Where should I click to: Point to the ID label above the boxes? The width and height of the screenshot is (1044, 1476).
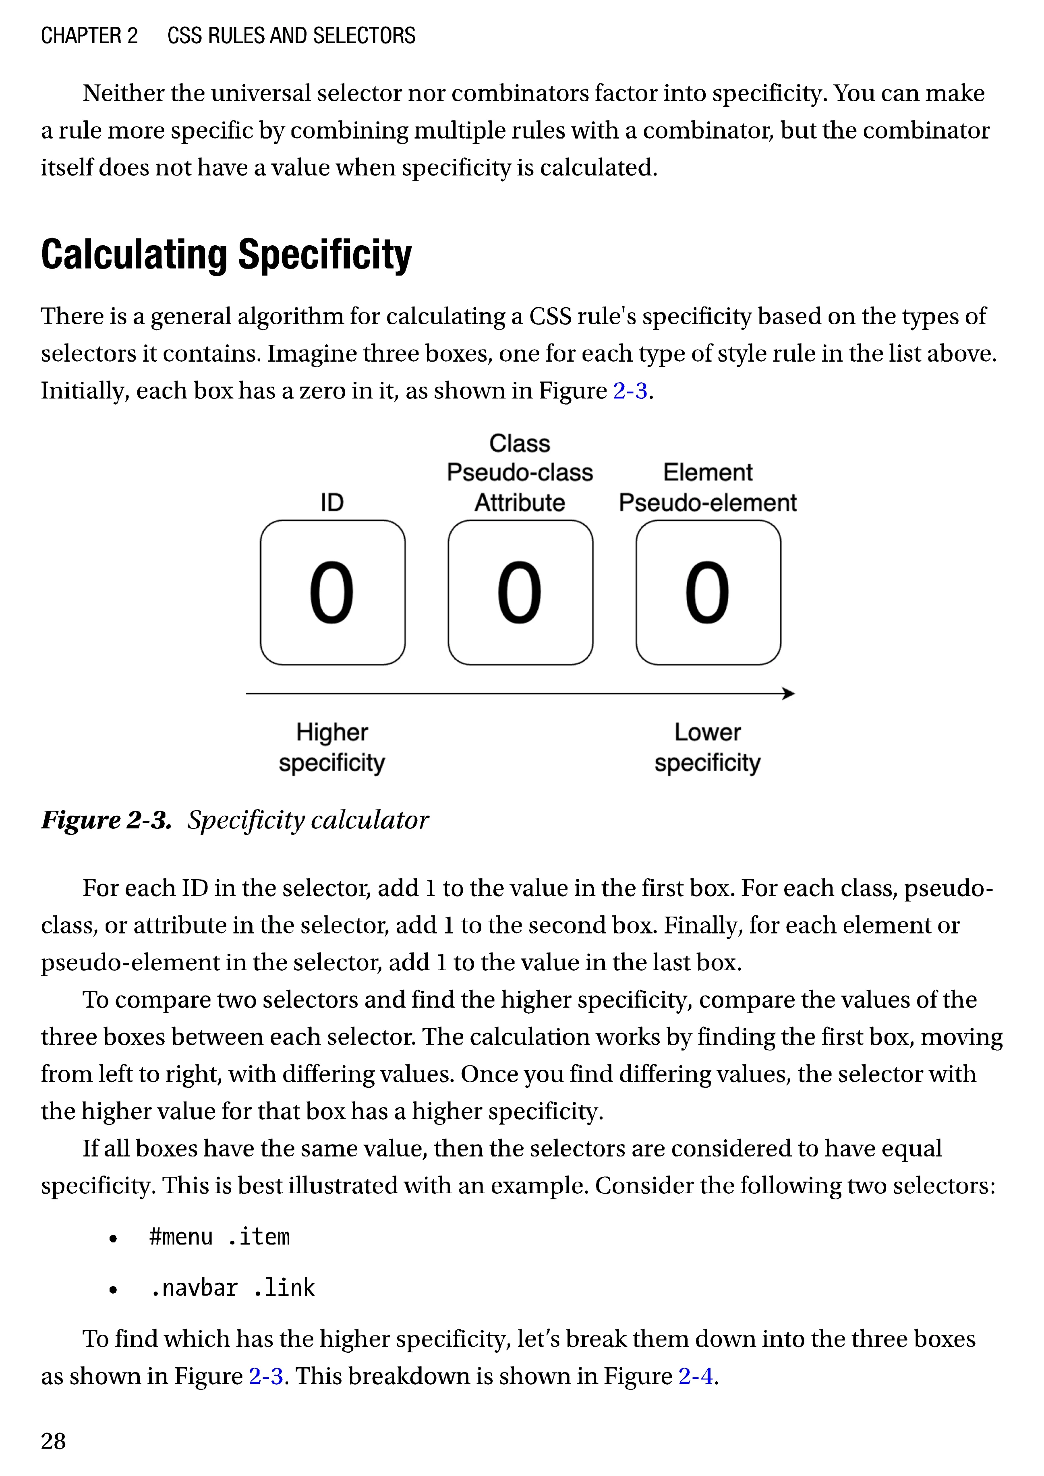coord(332,502)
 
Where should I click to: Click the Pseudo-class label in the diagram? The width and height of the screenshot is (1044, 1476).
coord(520,472)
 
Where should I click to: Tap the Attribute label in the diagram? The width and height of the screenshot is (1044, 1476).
coord(520,502)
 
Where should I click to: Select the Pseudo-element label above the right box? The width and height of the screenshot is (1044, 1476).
coord(707,502)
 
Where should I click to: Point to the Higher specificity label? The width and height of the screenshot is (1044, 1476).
coord(332,747)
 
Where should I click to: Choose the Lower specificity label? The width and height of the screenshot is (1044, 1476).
coord(707,747)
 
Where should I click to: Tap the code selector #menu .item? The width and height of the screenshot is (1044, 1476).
coord(219,1236)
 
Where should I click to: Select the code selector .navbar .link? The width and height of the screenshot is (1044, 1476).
coord(232,1288)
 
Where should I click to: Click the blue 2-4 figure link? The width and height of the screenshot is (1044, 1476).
coord(696,1376)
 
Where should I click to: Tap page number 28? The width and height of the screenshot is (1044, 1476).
coord(53,1441)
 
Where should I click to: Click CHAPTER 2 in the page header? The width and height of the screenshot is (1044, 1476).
coord(89,35)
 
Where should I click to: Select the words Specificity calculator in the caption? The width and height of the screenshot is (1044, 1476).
coord(308,820)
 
